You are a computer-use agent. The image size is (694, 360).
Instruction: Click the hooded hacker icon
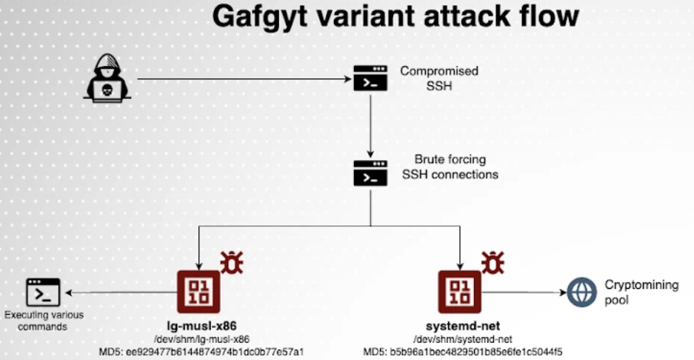point(107,78)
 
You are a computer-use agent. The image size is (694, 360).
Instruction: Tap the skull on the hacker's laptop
point(107,90)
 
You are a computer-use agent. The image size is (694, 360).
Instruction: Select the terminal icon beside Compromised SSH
point(370,78)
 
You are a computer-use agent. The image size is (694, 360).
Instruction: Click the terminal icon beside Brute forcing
point(370,173)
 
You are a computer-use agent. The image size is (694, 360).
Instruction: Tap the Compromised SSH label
point(439,78)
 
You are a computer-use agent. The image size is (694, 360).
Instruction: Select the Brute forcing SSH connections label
point(450,167)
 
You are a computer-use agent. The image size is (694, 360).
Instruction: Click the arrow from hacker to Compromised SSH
point(244,79)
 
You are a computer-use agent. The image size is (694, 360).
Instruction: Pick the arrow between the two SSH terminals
point(370,126)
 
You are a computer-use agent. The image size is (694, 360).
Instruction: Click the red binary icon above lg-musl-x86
point(198,292)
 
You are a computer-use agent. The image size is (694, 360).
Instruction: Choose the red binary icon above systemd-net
point(460,292)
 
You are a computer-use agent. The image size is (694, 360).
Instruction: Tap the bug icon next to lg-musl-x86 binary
point(232,262)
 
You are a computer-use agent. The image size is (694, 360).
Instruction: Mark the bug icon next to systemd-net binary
point(493,262)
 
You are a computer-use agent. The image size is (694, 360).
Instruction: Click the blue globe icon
point(582,293)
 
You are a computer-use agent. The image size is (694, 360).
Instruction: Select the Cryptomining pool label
point(641,293)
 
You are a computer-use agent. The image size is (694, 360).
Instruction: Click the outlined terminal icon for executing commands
point(43,293)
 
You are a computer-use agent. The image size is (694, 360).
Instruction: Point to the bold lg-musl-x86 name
point(201,326)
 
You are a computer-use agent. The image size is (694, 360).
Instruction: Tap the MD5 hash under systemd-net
point(463,352)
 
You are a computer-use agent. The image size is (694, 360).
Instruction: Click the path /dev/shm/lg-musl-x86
point(201,340)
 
